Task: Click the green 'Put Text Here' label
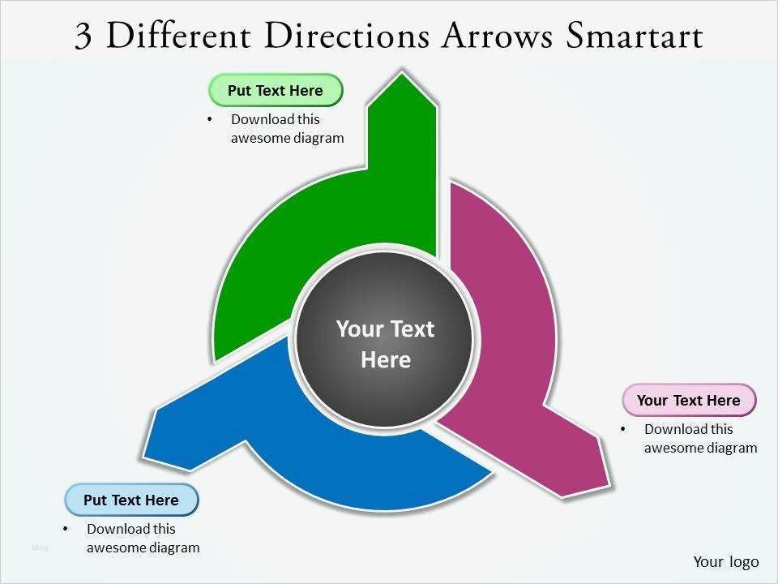276,90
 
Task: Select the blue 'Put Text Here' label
131,500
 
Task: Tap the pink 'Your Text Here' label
689,400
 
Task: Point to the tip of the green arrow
403,72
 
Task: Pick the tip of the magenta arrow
609,484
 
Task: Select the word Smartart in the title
634,36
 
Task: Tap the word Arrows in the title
497,36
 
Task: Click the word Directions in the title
348,36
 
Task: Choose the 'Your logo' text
726,561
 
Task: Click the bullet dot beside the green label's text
210,119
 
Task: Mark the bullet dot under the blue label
66,529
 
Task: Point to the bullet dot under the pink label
622,429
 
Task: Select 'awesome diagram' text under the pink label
700,448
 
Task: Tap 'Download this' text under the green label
276,119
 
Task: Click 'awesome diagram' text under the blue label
143,547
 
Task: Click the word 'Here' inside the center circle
386,360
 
